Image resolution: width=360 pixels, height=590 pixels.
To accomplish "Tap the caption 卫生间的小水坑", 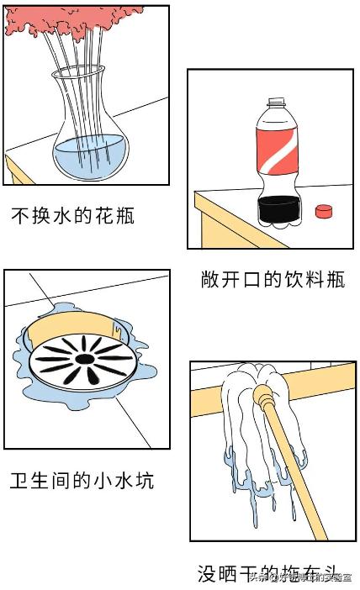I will (82, 481).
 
